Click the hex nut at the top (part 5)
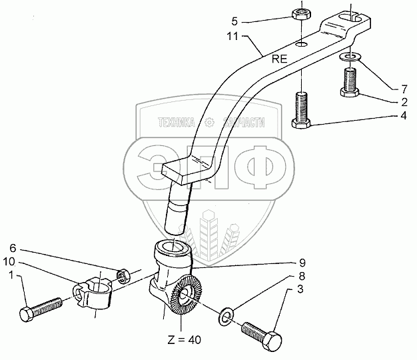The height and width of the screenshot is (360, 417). click(x=299, y=15)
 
